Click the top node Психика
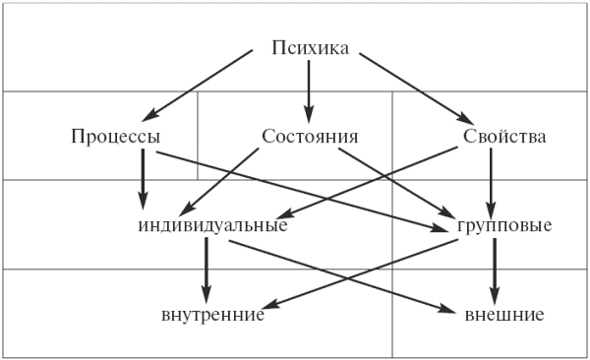click(x=310, y=46)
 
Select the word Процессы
click(x=116, y=136)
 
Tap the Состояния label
click(x=310, y=136)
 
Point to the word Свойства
click(x=503, y=136)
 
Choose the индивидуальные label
click(x=212, y=226)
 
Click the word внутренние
click(x=212, y=316)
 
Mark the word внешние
click(x=504, y=316)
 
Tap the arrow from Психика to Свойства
click(x=413, y=87)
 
